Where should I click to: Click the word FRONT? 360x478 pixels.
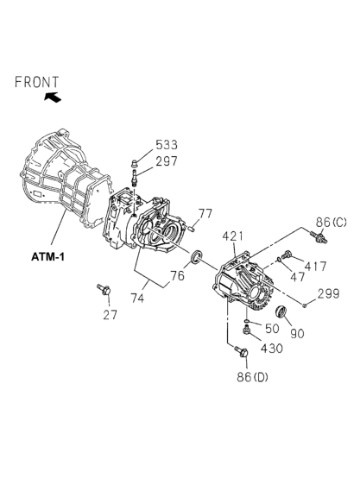pyautogui.click(x=36, y=82)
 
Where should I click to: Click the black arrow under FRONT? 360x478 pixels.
pyautogui.click(x=53, y=97)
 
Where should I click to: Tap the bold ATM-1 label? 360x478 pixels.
pyautogui.click(x=47, y=257)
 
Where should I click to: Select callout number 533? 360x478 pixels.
pyautogui.click(x=167, y=144)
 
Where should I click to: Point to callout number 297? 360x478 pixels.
pyautogui.click(x=167, y=161)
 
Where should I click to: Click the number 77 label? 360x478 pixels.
pyautogui.click(x=205, y=214)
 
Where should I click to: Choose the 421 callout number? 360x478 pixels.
pyautogui.click(x=233, y=236)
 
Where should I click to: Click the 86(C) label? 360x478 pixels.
pyautogui.click(x=331, y=223)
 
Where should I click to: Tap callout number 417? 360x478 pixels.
pyautogui.click(x=315, y=267)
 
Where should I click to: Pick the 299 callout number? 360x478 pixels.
pyautogui.click(x=328, y=293)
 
